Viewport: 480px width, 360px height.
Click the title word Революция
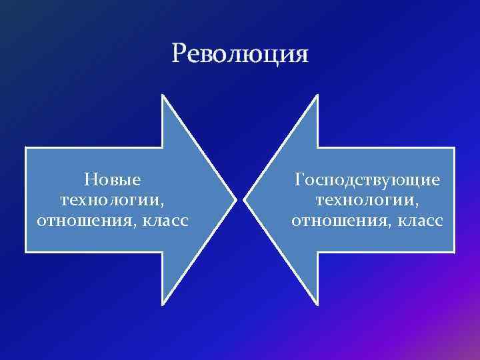click(x=240, y=53)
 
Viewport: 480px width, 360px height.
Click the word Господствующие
click(x=367, y=180)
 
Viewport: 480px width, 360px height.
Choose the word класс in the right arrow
click(x=415, y=220)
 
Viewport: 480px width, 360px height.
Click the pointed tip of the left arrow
click(x=235, y=199)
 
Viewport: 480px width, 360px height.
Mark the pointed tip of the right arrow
click(x=245, y=199)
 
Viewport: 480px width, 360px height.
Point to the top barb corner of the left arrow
click(x=163, y=95)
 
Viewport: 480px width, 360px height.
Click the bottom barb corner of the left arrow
click(x=163, y=304)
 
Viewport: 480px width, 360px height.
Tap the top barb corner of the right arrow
click(x=318, y=95)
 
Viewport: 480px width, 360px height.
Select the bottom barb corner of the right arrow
click(x=318, y=304)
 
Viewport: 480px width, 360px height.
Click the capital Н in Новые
click(x=90, y=180)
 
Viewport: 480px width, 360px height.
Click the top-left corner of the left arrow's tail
click(x=26, y=147)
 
